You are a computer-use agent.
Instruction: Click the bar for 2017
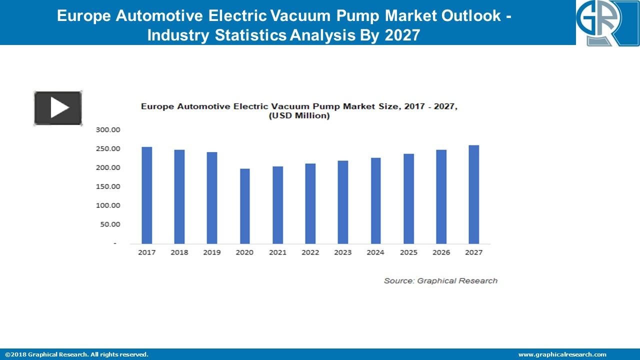coord(146,195)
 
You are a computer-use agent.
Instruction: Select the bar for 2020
coord(244,206)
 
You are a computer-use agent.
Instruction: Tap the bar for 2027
coord(473,194)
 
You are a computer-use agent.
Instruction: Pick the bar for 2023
coord(343,202)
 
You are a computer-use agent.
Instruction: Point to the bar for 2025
coord(408,198)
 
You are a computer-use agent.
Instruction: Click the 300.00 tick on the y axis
coord(108,130)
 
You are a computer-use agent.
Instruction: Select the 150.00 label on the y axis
coord(108,186)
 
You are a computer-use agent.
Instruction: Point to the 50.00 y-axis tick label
coord(110,224)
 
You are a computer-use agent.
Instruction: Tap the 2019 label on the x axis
coord(212,252)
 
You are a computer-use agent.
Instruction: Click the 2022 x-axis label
coord(310,252)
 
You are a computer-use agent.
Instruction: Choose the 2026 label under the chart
coord(441,252)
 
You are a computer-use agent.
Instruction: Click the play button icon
coord(58,108)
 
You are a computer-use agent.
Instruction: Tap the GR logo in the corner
coord(607,23)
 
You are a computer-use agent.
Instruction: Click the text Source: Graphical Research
coord(440,281)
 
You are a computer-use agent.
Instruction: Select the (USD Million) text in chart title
coord(299,116)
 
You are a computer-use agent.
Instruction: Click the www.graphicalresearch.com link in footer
coord(562,354)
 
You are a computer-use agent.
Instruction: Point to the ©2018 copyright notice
coord(76,354)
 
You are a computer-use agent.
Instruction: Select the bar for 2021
coord(277,205)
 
